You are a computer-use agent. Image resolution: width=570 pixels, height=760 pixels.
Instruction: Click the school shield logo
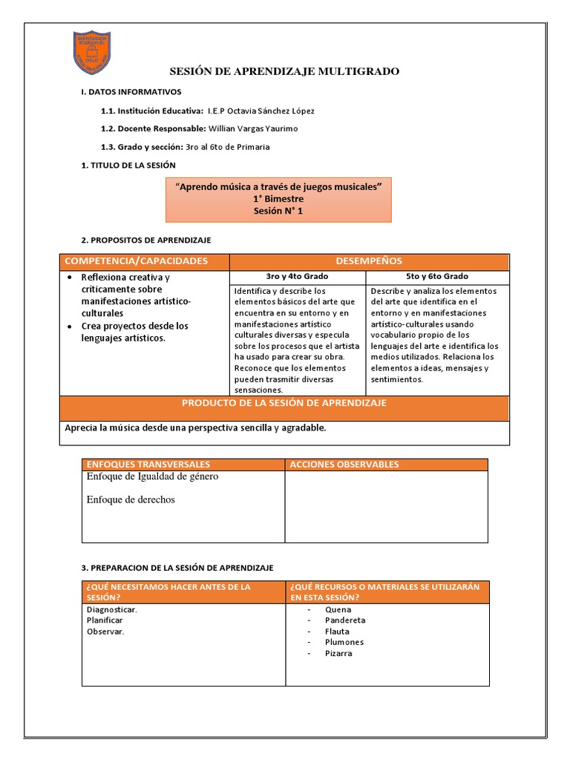[93, 53]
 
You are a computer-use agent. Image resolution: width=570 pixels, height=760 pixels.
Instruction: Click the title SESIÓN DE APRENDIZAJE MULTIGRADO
[284, 71]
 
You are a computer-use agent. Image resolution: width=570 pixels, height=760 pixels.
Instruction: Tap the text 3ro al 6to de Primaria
[228, 147]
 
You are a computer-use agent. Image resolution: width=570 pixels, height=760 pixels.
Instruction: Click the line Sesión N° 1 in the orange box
[278, 211]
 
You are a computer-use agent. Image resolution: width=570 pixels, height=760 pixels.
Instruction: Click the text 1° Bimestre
[278, 199]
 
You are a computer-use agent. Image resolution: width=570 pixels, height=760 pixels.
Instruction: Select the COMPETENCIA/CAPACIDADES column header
[137, 261]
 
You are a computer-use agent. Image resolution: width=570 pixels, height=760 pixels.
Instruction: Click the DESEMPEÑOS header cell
[369, 261]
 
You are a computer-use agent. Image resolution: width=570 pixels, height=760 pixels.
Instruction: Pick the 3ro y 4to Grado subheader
[297, 276]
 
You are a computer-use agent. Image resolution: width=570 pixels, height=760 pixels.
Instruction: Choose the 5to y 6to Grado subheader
[437, 276]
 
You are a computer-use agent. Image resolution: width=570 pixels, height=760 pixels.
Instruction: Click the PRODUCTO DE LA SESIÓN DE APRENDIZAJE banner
[284, 403]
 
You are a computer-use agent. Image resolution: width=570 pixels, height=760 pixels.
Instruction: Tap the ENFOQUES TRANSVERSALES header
[148, 465]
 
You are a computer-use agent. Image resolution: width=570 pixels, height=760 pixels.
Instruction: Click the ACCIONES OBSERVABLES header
[344, 465]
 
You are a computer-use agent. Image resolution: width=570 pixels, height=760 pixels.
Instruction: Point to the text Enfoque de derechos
[131, 499]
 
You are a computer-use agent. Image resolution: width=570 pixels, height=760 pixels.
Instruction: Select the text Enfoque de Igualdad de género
[152, 476]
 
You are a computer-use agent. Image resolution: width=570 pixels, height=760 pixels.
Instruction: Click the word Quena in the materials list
[338, 609]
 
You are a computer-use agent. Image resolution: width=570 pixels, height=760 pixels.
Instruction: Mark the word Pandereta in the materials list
[345, 620]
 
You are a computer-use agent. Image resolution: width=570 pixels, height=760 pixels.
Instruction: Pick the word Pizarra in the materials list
[338, 654]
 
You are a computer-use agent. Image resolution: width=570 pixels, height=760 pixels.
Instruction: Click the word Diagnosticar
[111, 609]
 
